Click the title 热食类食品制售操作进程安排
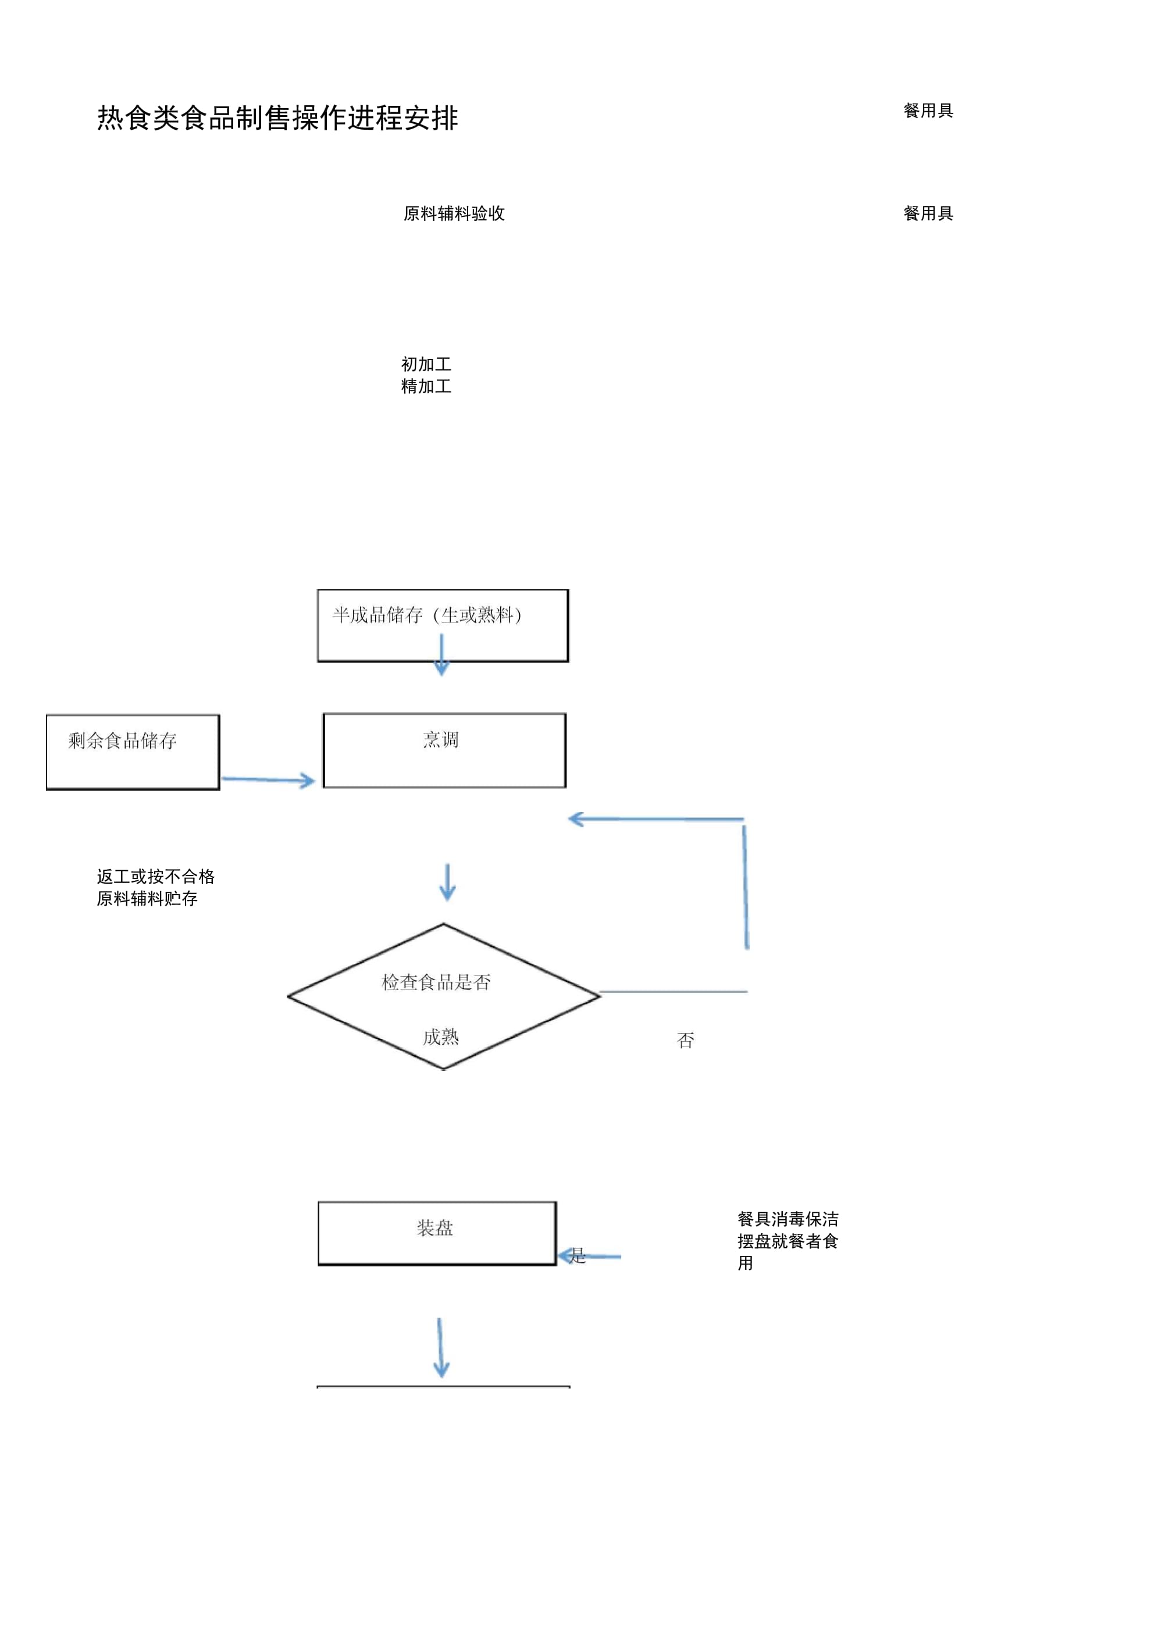(x=277, y=118)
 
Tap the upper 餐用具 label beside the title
(x=928, y=111)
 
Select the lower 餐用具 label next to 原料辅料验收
(x=928, y=213)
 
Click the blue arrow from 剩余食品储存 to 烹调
(x=268, y=779)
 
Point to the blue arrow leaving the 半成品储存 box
(x=442, y=654)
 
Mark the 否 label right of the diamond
(x=686, y=1040)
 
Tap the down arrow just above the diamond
(x=447, y=882)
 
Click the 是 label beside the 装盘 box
(x=578, y=1255)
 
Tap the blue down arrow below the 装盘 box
(x=440, y=1348)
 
